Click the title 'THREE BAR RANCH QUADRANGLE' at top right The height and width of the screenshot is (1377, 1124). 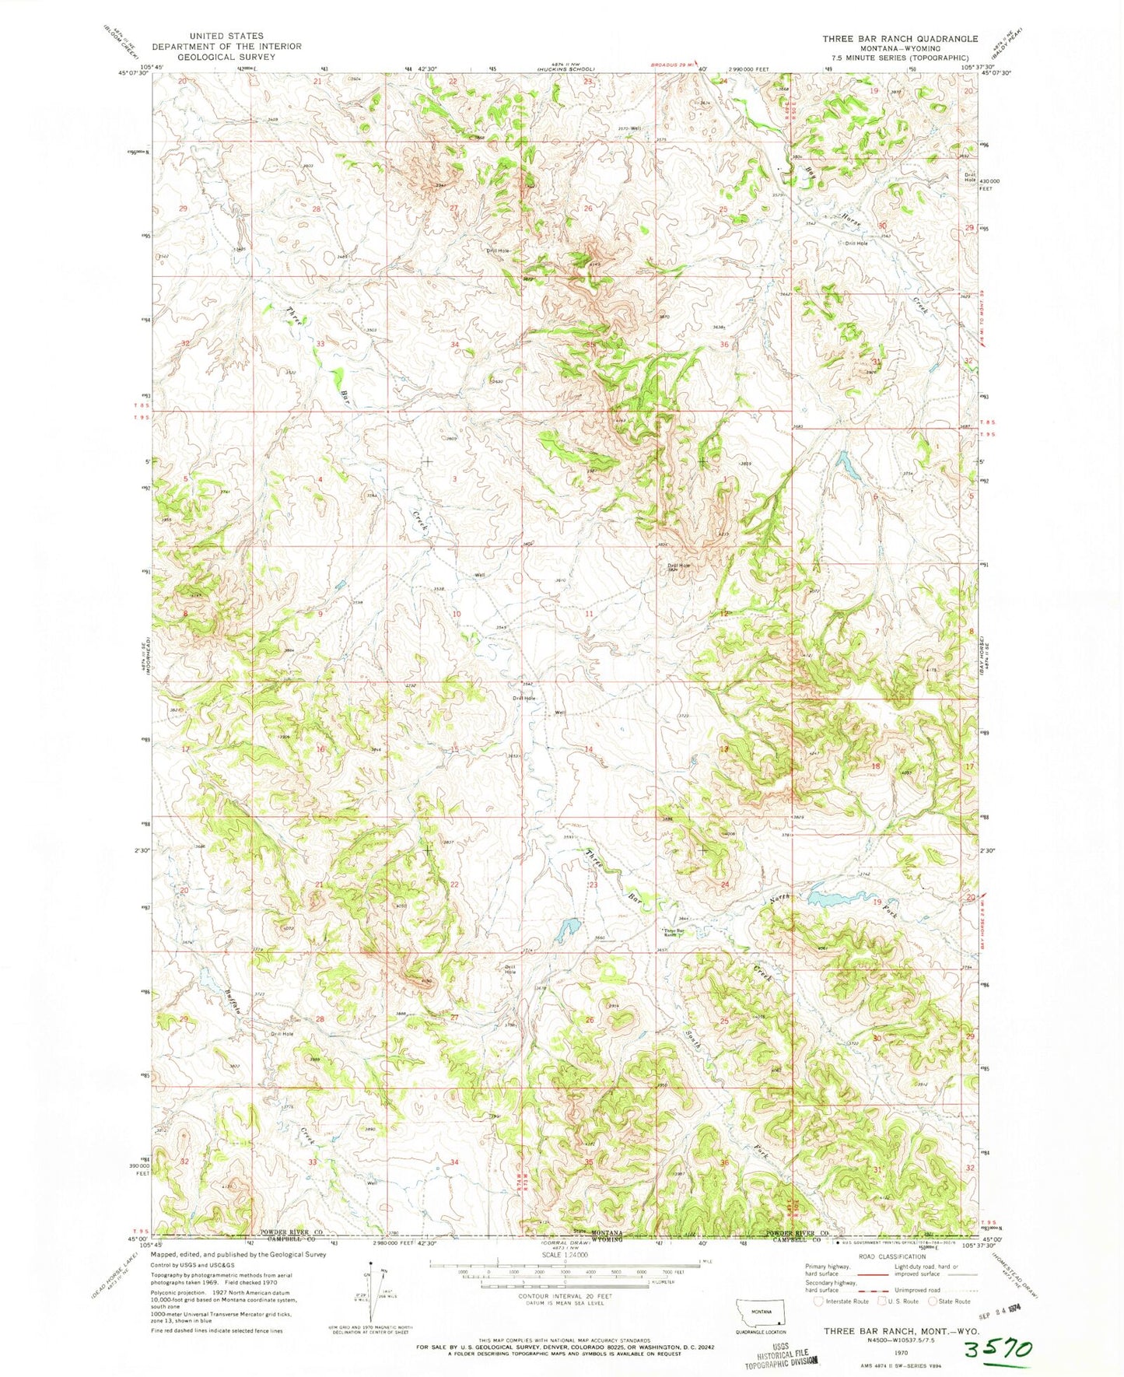coord(900,38)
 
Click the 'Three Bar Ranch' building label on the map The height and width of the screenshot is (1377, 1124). coord(673,932)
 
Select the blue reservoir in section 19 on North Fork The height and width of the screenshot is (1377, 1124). coord(834,897)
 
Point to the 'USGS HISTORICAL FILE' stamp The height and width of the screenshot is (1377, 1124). coord(781,1358)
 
